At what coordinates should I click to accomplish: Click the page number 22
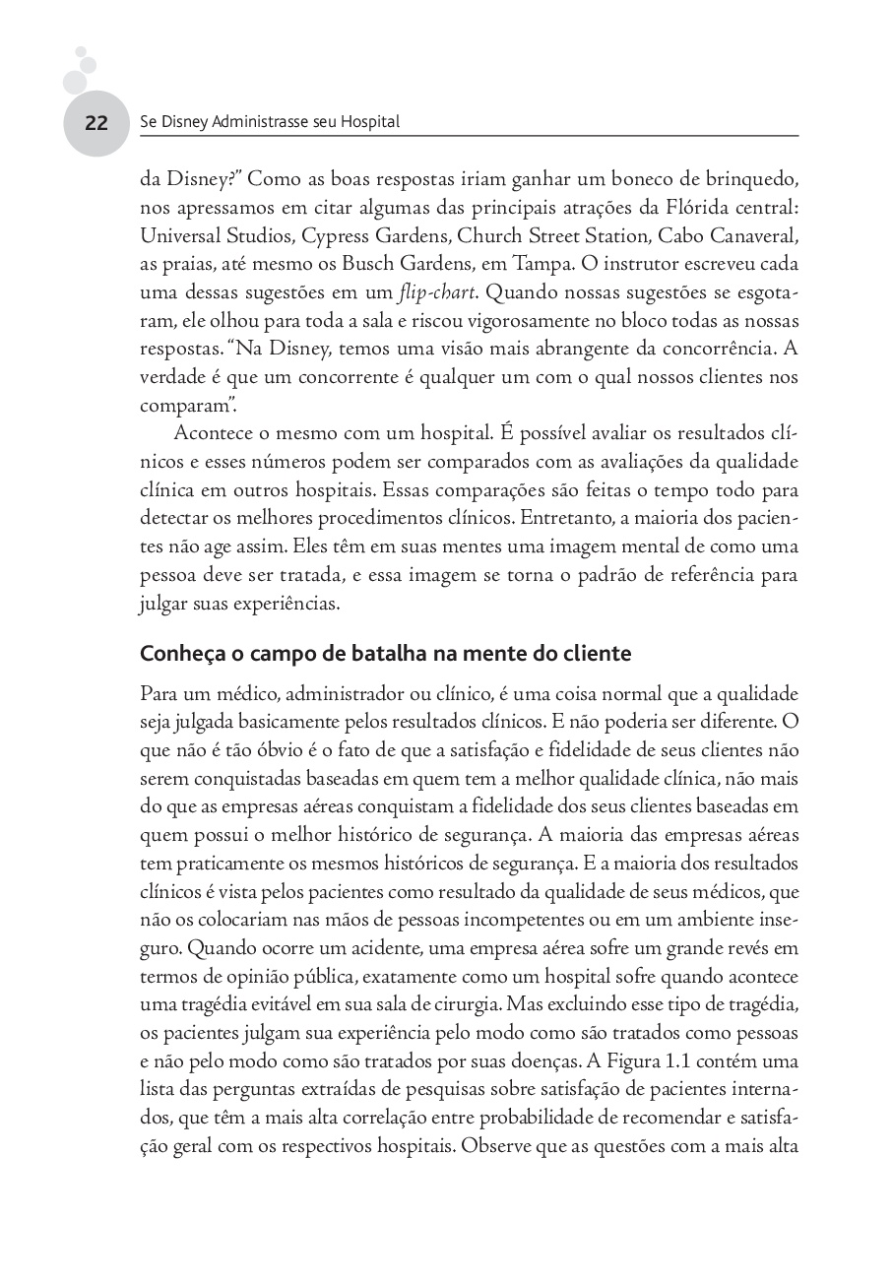click(x=96, y=124)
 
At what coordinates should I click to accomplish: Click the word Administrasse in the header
click(x=249, y=123)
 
